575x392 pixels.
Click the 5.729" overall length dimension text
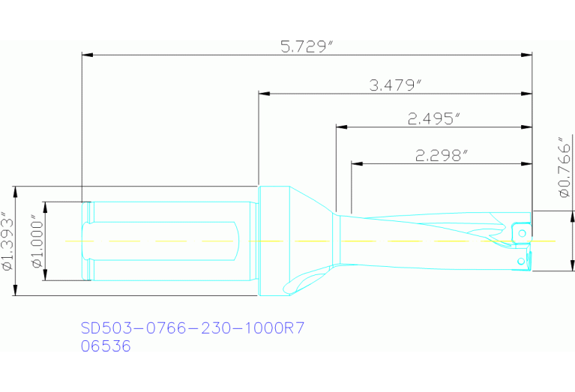307,46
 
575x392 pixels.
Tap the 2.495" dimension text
433,118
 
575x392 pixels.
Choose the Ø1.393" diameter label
8,241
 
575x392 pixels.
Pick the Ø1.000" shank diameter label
34,241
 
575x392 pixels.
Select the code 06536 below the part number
106,346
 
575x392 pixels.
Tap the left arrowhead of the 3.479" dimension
263,94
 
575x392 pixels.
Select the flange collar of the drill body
274,240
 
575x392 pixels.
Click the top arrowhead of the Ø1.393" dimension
17,190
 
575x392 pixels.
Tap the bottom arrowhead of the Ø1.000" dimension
45,277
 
